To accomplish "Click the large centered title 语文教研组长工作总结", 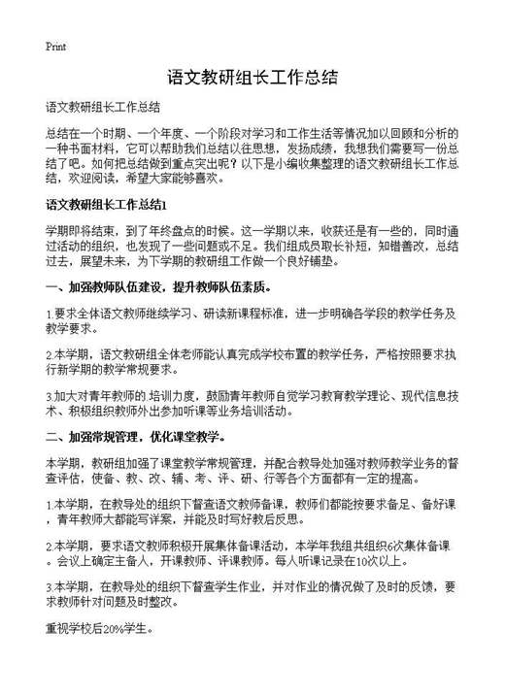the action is tap(252, 78).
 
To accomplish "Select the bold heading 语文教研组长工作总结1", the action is tap(107, 205).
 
